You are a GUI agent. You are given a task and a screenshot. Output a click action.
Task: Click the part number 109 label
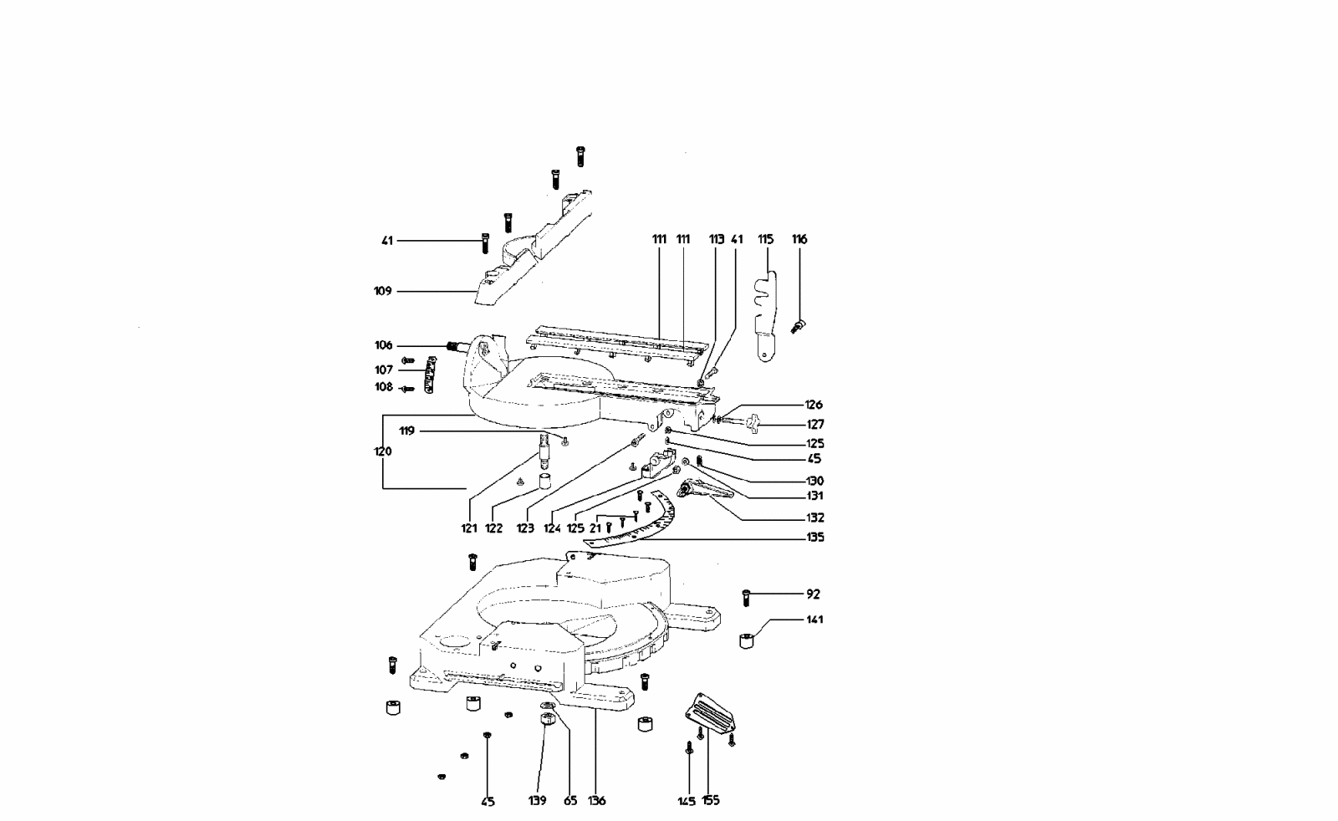(x=382, y=291)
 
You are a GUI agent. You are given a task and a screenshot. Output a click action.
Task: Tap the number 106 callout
(x=383, y=345)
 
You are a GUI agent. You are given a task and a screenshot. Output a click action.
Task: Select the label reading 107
(x=383, y=370)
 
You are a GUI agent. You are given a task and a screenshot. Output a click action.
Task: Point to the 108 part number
(x=383, y=387)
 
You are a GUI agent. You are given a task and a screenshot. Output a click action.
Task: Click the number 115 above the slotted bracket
(x=765, y=239)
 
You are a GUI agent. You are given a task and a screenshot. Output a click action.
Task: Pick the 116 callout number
(x=799, y=239)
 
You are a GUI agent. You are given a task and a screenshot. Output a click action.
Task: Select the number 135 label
(x=815, y=537)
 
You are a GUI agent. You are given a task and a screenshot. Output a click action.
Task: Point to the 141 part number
(x=815, y=620)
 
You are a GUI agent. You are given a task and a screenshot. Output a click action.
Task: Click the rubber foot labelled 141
(x=748, y=641)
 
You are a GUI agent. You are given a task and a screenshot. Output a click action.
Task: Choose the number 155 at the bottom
(x=711, y=800)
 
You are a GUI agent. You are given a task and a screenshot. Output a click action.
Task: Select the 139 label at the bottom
(x=537, y=800)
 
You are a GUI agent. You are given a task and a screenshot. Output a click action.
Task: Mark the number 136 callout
(x=596, y=800)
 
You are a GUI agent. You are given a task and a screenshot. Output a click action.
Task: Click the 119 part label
(x=407, y=431)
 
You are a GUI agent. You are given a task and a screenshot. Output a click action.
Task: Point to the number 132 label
(x=815, y=518)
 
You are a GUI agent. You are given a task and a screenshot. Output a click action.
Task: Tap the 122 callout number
(x=493, y=528)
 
